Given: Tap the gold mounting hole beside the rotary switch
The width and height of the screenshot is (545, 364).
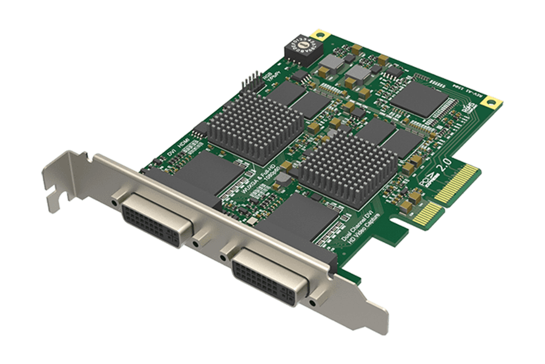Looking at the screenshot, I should (x=319, y=35).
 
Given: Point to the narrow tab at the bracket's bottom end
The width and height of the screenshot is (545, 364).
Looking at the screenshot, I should (x=376, y=322).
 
